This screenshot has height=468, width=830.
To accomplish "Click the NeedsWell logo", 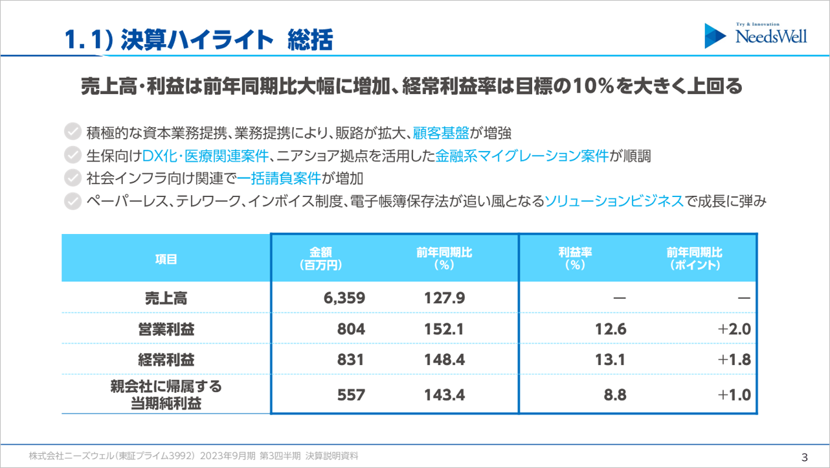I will (x=756, y=36).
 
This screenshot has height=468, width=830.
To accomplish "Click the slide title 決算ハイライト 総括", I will (x=198, y=40).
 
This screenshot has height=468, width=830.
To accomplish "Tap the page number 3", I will (x=805, y=456).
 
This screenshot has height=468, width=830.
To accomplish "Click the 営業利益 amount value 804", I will (x=351, y=329).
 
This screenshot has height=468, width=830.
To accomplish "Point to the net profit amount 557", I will (x=351, y=395).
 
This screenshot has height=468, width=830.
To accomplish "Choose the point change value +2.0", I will (x=734, y=329).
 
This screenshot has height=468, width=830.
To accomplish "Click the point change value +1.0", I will (x=734, y=395).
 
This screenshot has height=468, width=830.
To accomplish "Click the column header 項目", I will (x=166, y=259).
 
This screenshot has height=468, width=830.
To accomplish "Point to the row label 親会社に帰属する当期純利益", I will (x=166, y=395).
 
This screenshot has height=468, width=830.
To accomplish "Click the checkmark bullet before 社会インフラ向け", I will (x=73, y=178).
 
